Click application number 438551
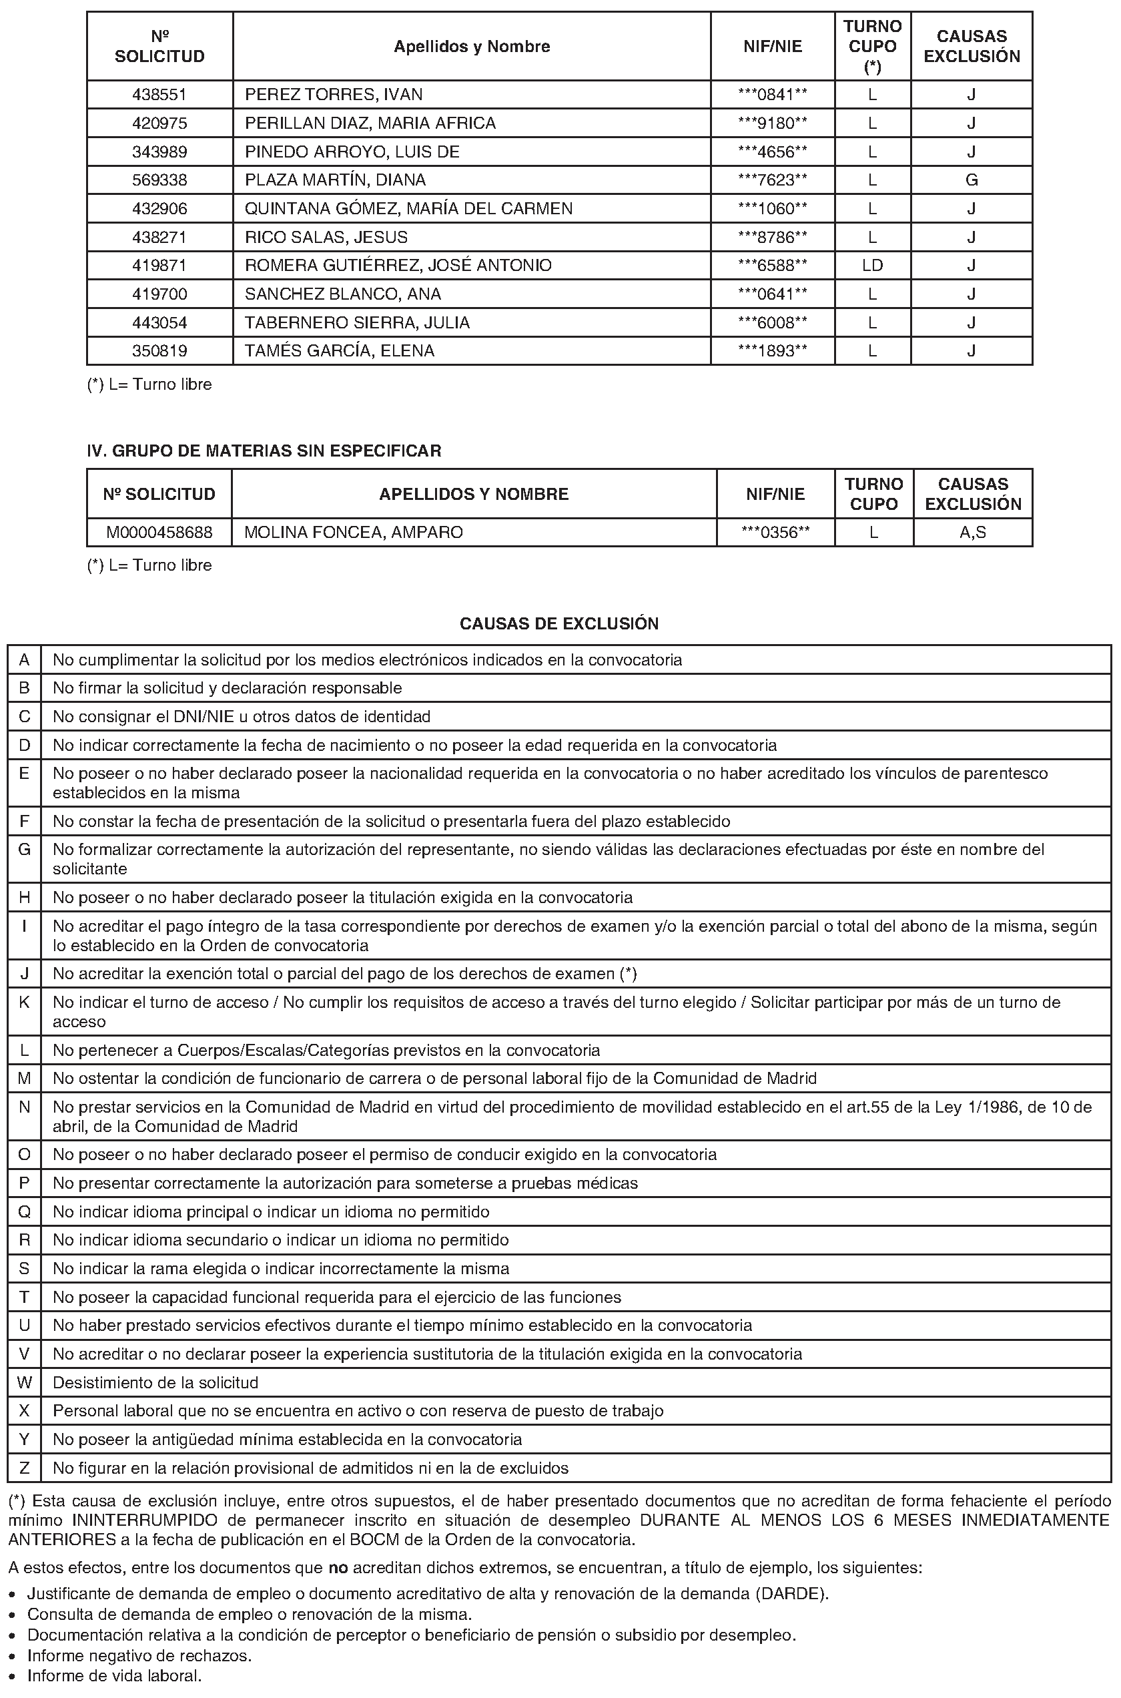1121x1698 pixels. pyautogui.click(x=159, y=94)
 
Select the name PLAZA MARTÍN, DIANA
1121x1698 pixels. pyautogui.click(x=335, y=180)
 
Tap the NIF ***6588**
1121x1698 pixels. pyautogui.click(x=773, y=265)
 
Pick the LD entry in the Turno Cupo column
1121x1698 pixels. pyautogui.click(x=872, y=265)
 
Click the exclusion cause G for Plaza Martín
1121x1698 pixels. pyautogui.click(x=971, y=180)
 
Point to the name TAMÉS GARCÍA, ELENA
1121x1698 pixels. pyautogui.click(x=340, y=351)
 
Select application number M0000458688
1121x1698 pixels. pyautogui.click(x=159, y=533)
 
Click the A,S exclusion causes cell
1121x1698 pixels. pyautogui.click(x=972, y=533)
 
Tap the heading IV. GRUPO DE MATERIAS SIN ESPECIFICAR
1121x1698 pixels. pyautogui.click(x=264, y=451)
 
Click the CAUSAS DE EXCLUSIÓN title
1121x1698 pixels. pyautogui.click(x=559, y=623)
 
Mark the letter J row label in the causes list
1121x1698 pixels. pyautogui.click(x=24, y=974)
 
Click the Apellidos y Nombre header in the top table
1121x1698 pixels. pyautogui.click(x=472, y=47)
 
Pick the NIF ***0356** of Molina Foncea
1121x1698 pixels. pyautogui.click(x=775, y=533)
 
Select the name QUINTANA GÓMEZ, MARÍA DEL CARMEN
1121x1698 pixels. pyautogui.click(x=408, y=209)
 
